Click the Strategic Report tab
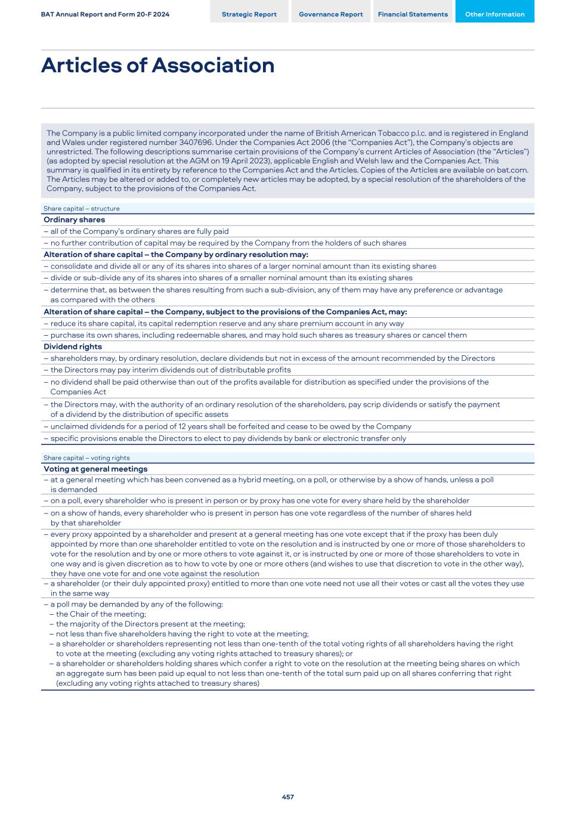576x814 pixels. [x=249, y=14]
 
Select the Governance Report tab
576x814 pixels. [x=330, y=14]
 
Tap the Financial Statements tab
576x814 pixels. [x=413, y=14]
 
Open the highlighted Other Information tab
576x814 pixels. [x=494, y=14]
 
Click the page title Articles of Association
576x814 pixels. [x=157, y=66]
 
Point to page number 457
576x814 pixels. [x=288, y=797]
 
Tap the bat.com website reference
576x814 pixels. [x=512, y=170]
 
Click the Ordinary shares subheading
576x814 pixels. [x=74, y=220]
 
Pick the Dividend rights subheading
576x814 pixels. [x=73, y=347]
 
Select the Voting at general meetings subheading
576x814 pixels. [x=95, y=469]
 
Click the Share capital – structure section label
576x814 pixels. [x=81, y=209]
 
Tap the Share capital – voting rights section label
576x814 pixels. [x=86, y=458]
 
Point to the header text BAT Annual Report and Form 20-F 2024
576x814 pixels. [x=105, y=14]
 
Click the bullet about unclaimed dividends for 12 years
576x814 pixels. [x=231, y=427]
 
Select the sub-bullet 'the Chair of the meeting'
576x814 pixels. [x=101, y=614]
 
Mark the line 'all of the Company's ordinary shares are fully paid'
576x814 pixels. [x=139, y=231]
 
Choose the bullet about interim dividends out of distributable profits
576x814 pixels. [x=171, y=370]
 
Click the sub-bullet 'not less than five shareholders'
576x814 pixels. [x=182, y=634]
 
